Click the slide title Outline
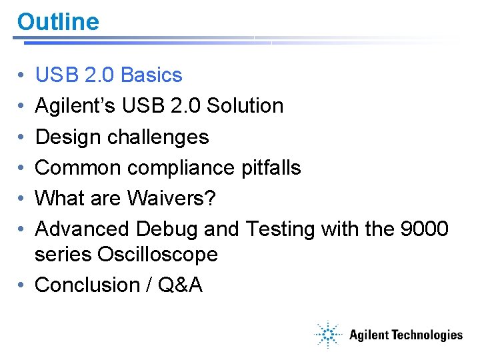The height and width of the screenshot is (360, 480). [58, 22]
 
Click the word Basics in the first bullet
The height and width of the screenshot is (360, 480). [151, 75]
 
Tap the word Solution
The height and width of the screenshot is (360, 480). [245, 106]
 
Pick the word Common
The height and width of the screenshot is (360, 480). [78, 167]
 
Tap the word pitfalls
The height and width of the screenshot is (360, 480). [271, 167]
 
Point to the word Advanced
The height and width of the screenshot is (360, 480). [82, 229]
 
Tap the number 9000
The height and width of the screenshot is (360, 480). [423, 229]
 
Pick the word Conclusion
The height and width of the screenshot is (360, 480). [87, 285]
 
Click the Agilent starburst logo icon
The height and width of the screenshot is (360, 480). [328, 335]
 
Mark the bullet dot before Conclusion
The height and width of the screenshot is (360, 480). [23, 285]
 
